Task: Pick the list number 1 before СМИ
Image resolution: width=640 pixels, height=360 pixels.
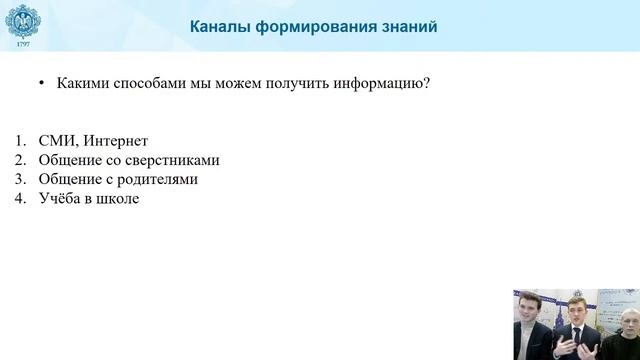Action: pyautogui.click(x=22, y=140)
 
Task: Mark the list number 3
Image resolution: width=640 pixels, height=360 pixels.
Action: pyautogui.click(x=22, y=179)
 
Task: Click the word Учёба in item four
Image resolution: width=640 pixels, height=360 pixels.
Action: pyautogui.click(x=61, y=199)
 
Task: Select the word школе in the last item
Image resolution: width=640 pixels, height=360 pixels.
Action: pyautogui.click(x=117, y=199)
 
